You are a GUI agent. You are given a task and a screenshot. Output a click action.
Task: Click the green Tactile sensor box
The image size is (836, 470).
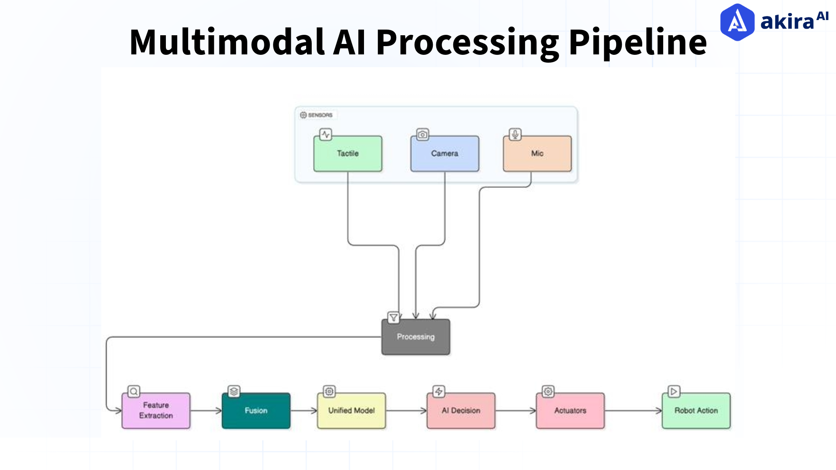click(347, 154)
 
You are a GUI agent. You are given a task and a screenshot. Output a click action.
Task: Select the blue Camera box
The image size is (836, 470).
click(445, 154)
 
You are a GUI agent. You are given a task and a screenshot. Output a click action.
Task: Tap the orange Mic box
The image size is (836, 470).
click(537, 154)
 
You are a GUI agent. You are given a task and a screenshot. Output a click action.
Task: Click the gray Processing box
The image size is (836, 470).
click(415, 337)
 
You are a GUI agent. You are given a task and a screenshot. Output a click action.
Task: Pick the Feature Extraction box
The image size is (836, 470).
click(156, 410)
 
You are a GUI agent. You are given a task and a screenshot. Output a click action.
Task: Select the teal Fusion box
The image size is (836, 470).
click(256, 410)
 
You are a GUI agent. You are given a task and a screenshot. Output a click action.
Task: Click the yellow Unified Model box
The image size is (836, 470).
click(351, 410)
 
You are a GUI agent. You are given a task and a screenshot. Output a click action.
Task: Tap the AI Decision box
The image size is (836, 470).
click(461, 410)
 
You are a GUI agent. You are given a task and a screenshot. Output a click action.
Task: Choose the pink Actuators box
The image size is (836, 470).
click(570, 410)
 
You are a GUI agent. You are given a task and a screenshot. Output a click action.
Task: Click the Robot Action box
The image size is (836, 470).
click(696, 410)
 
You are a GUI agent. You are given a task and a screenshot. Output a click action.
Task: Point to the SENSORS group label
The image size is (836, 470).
click(317, 115)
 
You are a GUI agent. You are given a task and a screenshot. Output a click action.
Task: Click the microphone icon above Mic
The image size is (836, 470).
click(515, 134)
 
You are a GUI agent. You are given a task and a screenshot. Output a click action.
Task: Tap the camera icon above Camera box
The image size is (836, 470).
click(422, 134)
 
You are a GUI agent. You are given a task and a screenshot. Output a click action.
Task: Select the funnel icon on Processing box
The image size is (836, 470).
click(394, 317)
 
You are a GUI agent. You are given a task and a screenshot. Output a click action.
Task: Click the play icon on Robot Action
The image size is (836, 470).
click(674, 391)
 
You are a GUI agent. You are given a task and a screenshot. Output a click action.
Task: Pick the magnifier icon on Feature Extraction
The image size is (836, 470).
click(134, 391)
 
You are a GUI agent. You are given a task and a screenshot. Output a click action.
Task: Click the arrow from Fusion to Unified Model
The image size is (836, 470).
click(304, 410)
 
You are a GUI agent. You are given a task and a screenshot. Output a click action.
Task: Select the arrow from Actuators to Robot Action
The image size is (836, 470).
click(634, 410)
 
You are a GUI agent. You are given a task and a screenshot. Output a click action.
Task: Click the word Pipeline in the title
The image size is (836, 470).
click(637, 42)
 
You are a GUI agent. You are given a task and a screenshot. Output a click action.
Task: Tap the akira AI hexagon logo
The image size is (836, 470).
click(737, 22)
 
